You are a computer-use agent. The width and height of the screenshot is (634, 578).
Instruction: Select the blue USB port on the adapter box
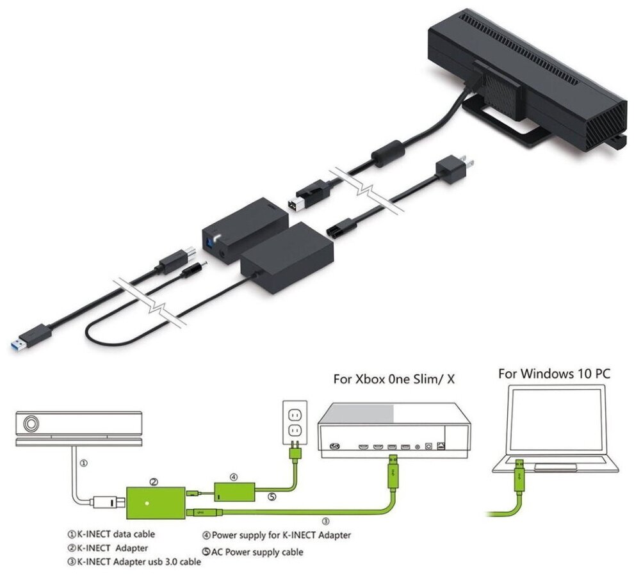210,240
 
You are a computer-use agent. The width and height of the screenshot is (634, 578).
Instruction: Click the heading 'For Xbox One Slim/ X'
394,378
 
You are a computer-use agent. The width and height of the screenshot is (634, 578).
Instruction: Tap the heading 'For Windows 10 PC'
555,373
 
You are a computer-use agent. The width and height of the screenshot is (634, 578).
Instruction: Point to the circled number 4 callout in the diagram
234,477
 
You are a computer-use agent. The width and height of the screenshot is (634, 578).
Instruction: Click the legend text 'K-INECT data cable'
116,533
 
